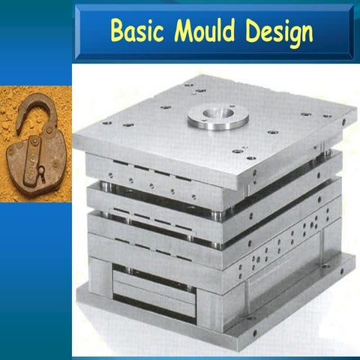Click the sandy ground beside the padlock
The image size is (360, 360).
click(x=15, y=187)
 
